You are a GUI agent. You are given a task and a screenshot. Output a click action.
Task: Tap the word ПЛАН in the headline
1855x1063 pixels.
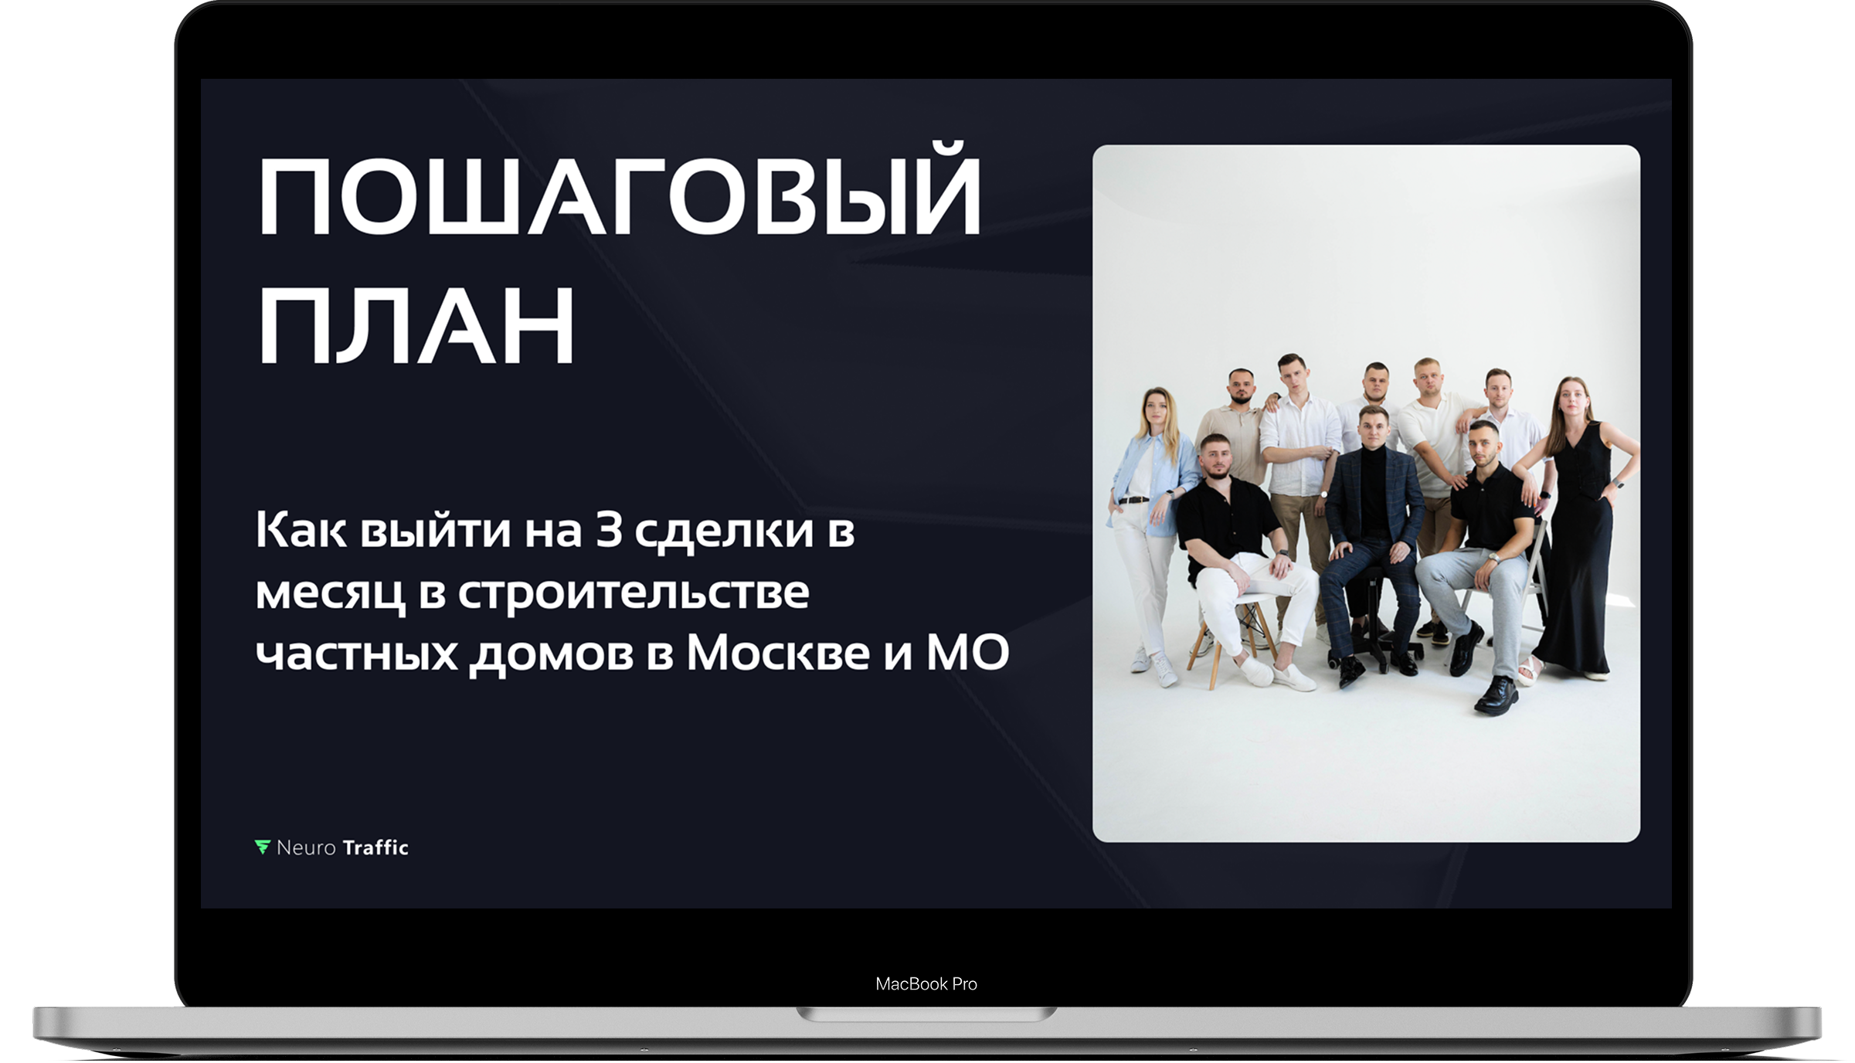pyautogui.click(x=416, y=324)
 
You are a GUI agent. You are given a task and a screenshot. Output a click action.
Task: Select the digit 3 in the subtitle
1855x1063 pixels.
pyautogui.click(x=609, y=530)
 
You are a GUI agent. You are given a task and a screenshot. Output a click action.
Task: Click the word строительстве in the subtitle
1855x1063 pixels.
pyautogui.click(x=634, y=594)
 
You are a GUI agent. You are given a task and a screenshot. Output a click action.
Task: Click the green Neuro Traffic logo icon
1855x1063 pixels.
pyautogui.click(x=263, y=847)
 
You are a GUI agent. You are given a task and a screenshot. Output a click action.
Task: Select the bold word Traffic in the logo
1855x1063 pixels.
pyautogui.click(x=375, y=847)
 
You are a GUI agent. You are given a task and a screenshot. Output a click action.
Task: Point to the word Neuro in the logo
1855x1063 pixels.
pyautogui.click(x=306, y=848)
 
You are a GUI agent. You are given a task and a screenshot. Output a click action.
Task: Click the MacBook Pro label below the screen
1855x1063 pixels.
pyautogui.click(x=926, y=983)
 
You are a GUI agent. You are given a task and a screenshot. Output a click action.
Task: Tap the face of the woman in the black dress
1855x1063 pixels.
pyautogui.click(x=1571, y=398)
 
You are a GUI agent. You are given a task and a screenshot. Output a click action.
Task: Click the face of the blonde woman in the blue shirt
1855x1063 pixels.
pyautogui.click(x=1156, y=409)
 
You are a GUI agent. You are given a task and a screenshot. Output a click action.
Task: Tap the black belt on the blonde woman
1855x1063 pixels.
pyautogui.click(x=1133, y=500)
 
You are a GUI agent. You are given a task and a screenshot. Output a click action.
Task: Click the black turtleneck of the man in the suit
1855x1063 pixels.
pyautogui.click(x=1374, y=487)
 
